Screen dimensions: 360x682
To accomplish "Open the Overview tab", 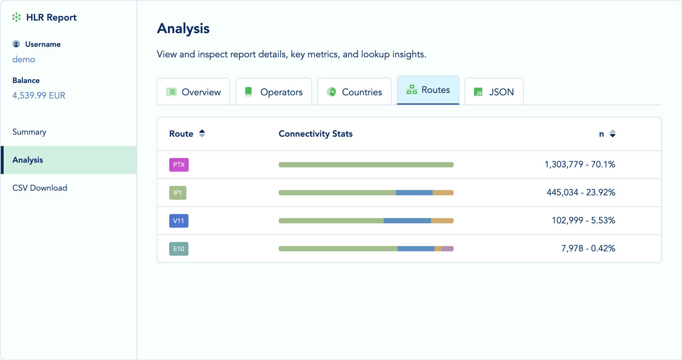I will pos(193,92).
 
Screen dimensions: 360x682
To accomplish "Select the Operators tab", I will pos(274,92).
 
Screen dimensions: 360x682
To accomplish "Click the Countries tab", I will pos(354,92).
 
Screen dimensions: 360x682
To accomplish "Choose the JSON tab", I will pos(494,92).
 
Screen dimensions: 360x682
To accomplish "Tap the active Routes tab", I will pos(428,90).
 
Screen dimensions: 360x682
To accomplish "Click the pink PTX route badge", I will pos(179,165).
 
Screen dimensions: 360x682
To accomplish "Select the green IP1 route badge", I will pos(178,193).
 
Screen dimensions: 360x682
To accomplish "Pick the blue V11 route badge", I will pos(179,221).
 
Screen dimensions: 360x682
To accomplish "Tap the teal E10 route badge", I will pos(179,249).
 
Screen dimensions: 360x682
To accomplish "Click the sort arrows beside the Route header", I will pos(202,134).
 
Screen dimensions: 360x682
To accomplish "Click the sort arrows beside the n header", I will pos(612,134).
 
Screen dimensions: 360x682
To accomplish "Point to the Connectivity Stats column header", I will pos(315,134).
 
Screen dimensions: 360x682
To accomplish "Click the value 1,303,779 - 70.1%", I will pos(580,165).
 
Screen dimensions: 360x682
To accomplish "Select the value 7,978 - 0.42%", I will pos(588,249).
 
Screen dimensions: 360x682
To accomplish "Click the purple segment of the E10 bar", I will pos(447,249).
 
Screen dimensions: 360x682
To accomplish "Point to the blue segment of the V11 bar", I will pos(407,221).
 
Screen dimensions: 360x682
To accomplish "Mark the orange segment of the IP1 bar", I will pos(443,193).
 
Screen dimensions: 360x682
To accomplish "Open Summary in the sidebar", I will pos(29,132).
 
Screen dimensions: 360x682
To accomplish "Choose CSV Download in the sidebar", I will pos(40,188).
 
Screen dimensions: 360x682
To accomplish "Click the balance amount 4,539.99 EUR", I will pos(39,96).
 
